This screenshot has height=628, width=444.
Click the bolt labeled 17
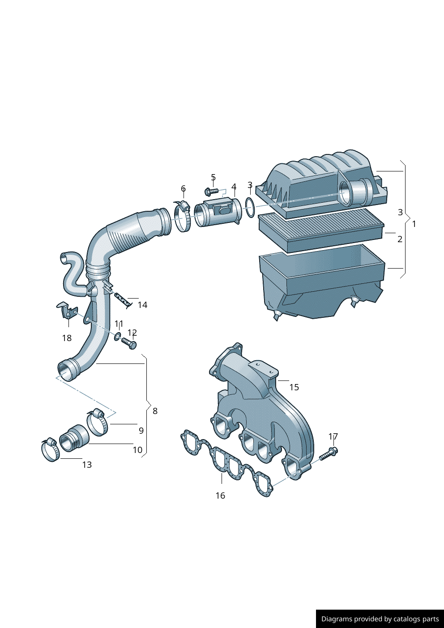(x=330, y=453)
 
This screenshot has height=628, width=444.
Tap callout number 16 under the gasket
(x=220, y=496)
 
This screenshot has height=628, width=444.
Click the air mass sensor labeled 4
(x=218, y=212)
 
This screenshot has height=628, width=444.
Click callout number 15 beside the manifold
(x=294, y=387)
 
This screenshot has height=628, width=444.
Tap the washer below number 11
(x=118, y=336)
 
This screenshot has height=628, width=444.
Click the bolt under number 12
(x=129, y=343)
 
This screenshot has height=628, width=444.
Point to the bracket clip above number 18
(x=67, y=311)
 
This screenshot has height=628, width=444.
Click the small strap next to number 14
(x=123, y=299)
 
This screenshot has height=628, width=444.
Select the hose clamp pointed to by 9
(x=97, y=423)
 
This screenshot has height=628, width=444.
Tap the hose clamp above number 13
(x=51, y=449)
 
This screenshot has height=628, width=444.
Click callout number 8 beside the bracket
(x=155, y=411)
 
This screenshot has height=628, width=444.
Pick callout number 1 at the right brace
(x=414, y=224)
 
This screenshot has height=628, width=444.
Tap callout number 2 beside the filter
(x=400, y=239)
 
